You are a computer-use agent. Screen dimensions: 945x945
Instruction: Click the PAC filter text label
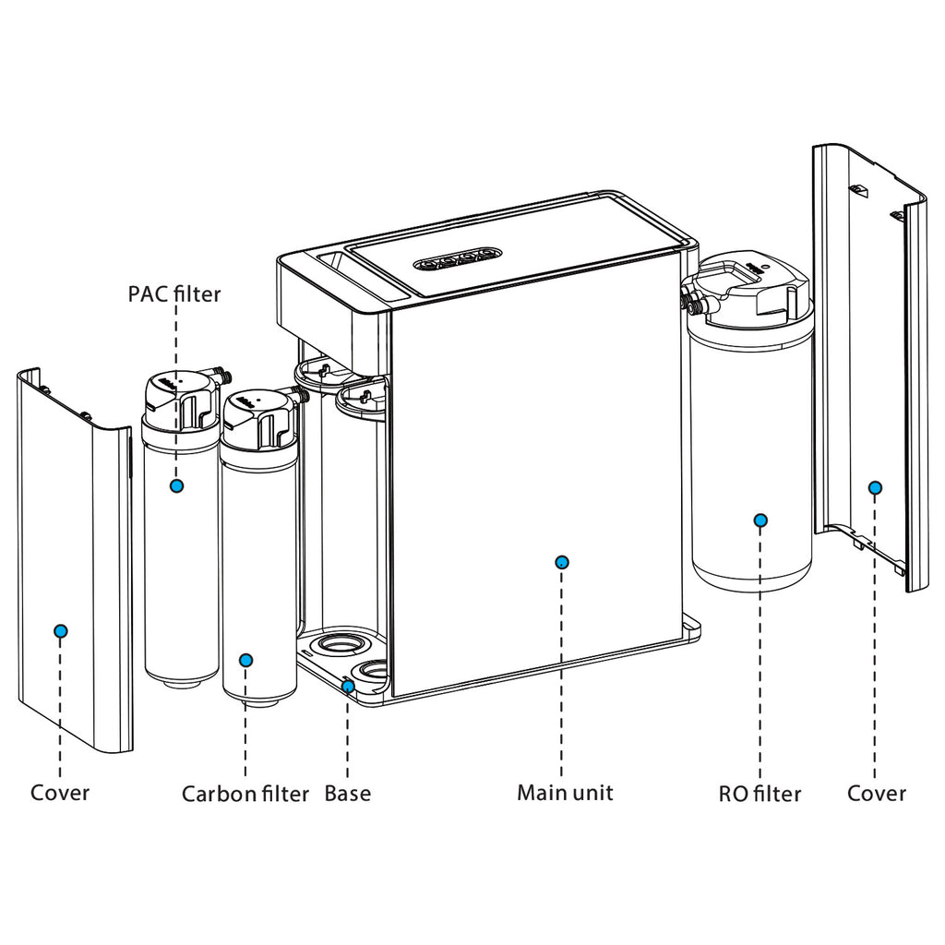click(x=174, y=293)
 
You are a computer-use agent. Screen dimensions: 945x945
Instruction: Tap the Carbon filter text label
click(x=245, y=794)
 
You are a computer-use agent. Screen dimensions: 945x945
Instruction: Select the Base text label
click(x=347, y=793)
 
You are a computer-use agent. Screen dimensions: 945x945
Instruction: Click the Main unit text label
click(x=564, y=792)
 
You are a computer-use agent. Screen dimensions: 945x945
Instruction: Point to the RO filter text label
click(x=760, y=793)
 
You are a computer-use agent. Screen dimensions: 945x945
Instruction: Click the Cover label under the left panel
click(x=60, y=793)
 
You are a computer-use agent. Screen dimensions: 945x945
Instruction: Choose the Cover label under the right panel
click(x=876, y=793)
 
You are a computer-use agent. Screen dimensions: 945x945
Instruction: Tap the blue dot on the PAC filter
click(x=176, y=485)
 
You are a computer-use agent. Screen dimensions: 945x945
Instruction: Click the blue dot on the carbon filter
click(x=245, y=660)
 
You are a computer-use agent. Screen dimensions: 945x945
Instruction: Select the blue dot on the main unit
click(x=563, y=561)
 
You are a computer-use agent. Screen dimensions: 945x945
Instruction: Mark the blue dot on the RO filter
click(x=760, y=520)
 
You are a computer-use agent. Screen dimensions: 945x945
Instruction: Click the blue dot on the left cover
click(x=61, y=630)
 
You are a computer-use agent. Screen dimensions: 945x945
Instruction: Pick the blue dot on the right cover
click(x=875, y=486)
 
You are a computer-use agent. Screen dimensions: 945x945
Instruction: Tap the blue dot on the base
click(x=348, y=686)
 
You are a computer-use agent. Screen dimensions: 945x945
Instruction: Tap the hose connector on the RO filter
click(x=688, y=301)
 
